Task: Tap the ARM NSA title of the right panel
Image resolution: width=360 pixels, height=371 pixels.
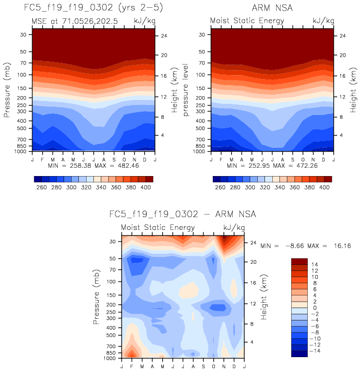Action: pyautogui.click(x=272, y=8)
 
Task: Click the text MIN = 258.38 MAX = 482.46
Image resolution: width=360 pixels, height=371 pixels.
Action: pyautogui.click(x=93, y=166)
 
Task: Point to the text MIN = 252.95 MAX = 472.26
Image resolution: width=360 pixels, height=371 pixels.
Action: pyautogui.click(x=272, y=166)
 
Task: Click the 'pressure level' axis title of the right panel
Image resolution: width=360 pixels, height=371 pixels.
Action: pyautogui.click(x=187, y=88)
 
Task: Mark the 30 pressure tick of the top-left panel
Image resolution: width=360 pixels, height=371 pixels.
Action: pyautogui.click(x=24, y=34)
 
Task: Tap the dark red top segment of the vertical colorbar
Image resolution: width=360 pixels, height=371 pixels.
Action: pyautogui.click(x=299, y=260)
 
